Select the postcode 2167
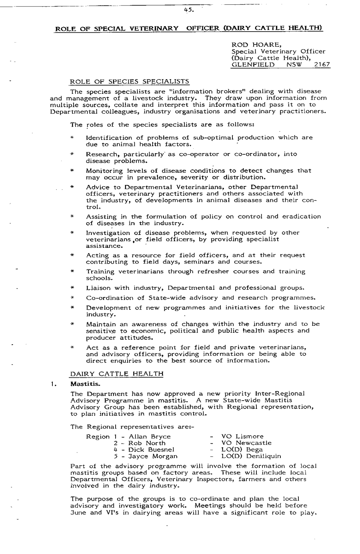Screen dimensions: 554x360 point(322,64)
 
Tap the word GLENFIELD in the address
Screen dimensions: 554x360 point(253,64)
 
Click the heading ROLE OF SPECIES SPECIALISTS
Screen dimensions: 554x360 point(130,82)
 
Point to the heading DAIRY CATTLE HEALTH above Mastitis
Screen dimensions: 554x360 point(117,374)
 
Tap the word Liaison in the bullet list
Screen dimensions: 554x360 point(99,288)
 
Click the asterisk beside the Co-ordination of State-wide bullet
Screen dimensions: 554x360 point(72,298)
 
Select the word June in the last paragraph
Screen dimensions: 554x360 point(78,513)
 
